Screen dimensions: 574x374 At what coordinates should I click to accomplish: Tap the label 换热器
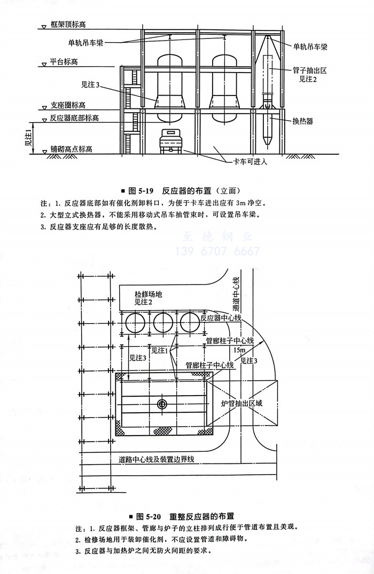click(302, 122)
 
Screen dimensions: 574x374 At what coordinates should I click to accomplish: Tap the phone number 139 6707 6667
click(218, 251)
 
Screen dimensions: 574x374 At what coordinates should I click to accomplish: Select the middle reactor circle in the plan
click(163, 323)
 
